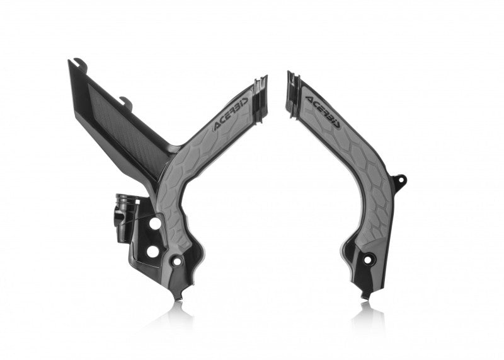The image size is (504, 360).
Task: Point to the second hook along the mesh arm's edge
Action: click(126, 100)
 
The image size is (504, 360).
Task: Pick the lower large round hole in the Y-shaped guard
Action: click(152, 251)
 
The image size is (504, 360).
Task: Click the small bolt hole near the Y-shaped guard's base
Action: click(178, 260)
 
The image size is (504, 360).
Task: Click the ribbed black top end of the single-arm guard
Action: click(293, 84)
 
